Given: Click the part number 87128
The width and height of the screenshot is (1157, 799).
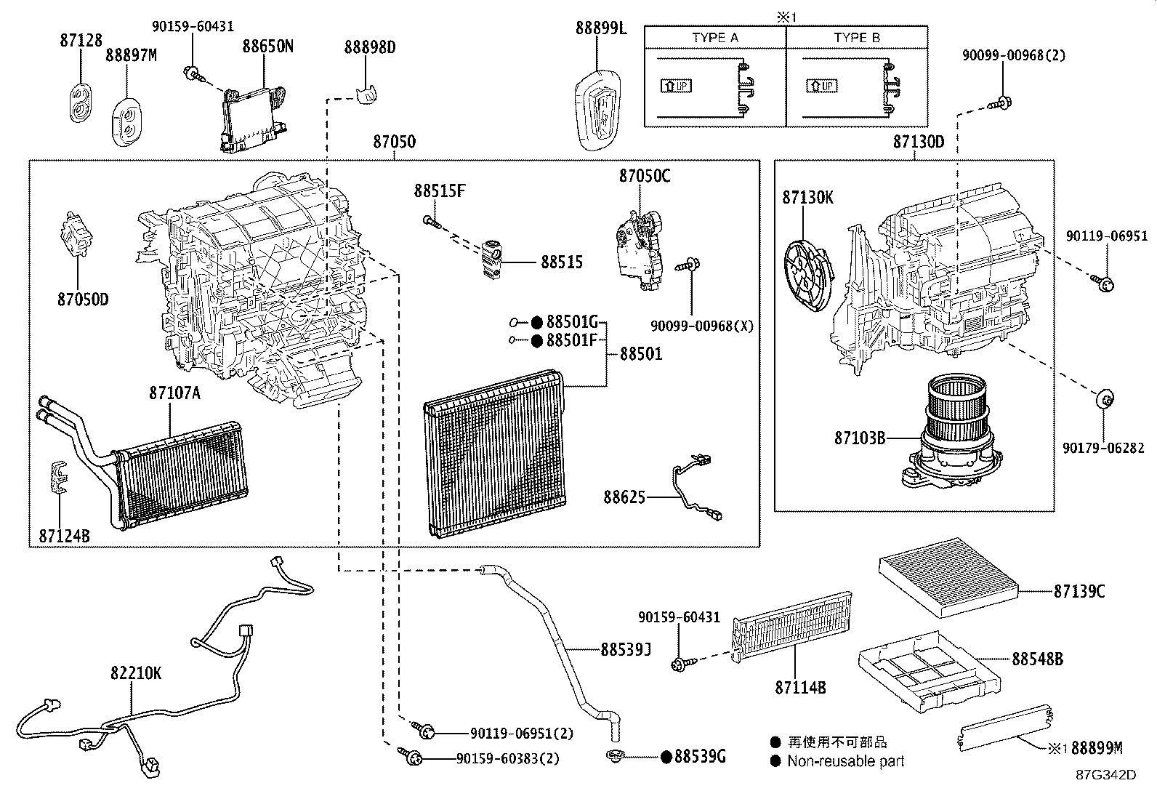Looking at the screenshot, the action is point(81,40).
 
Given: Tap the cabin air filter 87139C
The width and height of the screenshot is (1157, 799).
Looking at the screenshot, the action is point(949,577).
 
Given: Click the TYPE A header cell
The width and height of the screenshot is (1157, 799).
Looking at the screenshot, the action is point(715,38).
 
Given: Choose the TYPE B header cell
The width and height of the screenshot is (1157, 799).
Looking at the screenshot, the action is point(857,38).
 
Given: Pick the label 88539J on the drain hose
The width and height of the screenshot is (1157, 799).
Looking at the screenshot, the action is point(626,649).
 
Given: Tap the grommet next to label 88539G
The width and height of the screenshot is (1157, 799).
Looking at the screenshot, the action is point(615,755).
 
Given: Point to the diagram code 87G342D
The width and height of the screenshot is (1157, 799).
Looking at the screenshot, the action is point(1106,775).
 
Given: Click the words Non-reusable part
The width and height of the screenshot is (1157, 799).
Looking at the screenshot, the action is point(845,760).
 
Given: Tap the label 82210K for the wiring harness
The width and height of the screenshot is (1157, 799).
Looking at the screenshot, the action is point(136,673).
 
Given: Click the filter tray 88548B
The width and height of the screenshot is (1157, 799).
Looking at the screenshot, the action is point(929,672).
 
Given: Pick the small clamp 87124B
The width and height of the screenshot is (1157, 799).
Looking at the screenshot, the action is point(60,477).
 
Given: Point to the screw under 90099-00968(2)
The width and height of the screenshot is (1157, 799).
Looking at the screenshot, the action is point(1000,103).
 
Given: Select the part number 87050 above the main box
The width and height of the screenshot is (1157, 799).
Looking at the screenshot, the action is point(395,142).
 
